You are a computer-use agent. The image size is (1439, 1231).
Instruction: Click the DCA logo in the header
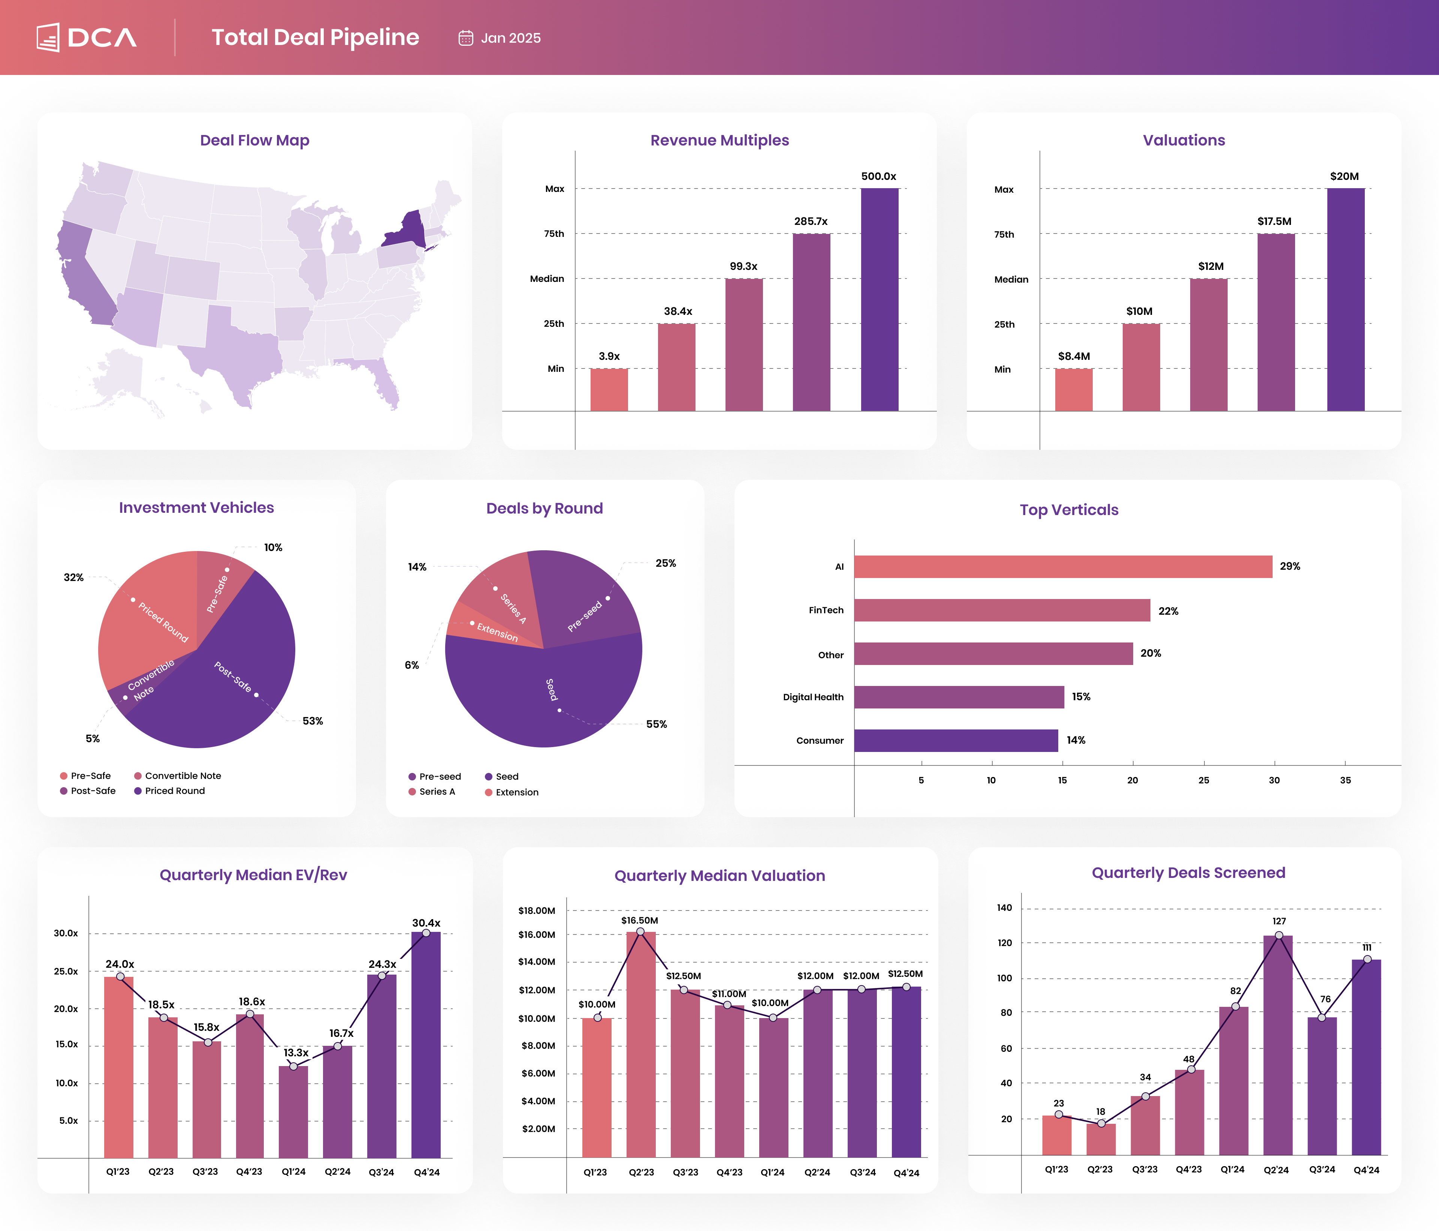pos(87,37)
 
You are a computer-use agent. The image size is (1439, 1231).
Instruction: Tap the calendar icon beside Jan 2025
pos(465,38)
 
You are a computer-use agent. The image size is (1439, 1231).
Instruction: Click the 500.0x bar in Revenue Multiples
pos(879,299)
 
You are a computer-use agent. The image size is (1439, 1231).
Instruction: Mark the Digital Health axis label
pos(813,697)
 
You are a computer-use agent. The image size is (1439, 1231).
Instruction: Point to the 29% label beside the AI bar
pos(1290,566)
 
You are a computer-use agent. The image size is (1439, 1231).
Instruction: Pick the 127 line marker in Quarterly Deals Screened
pos(1279,935)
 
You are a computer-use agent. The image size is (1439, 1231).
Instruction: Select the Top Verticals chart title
pos(1069,510)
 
